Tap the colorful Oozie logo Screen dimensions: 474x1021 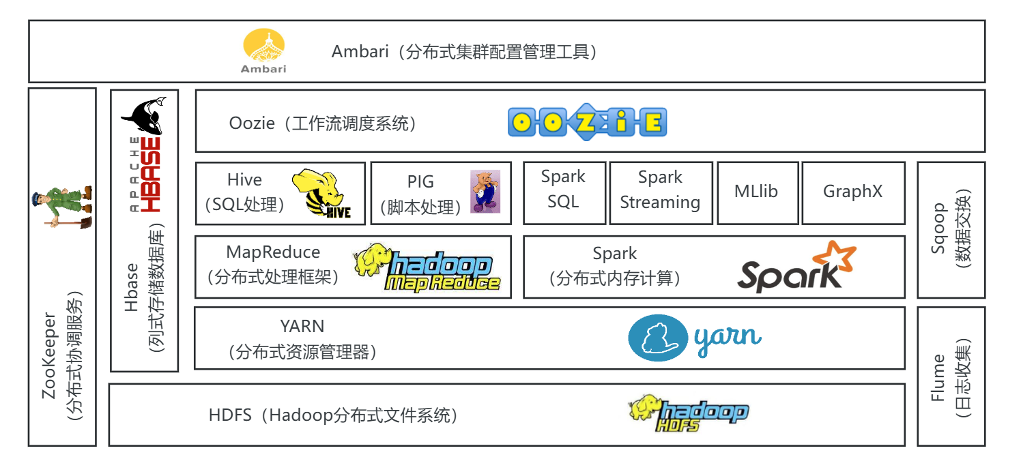pos(587,122)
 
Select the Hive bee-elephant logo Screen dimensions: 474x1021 pos(321,194)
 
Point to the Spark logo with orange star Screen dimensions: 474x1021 pos(796,267)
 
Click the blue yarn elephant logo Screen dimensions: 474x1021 pos(695,338)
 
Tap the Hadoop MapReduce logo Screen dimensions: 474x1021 pos(428,269)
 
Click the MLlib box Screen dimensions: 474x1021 pos(756,192)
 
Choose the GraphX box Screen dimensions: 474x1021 pos(852,192)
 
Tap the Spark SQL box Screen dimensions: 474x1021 pos(563,189)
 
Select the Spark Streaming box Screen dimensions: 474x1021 pos(660,190)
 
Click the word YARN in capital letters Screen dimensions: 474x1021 pos(302,326)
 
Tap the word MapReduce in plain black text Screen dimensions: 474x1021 pos(273,252)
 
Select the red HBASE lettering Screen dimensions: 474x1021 pos(153,175)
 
